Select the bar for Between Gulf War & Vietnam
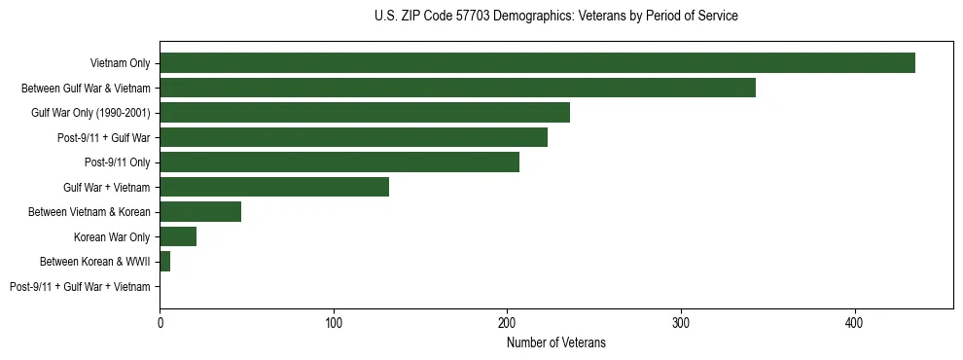click(x=457, y=88)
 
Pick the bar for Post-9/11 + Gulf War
click(x=353, y=137)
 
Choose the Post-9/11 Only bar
click(x=339, y=162)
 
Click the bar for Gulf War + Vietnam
click(x=274, y=187)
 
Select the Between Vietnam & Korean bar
click(x=200, y=212)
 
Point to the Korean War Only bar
click(x=178, y=236)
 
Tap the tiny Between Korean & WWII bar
click(x=165, y=262)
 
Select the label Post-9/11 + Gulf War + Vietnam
click(x=80, y=287)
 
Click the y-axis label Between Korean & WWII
click(x=94, y=262)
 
